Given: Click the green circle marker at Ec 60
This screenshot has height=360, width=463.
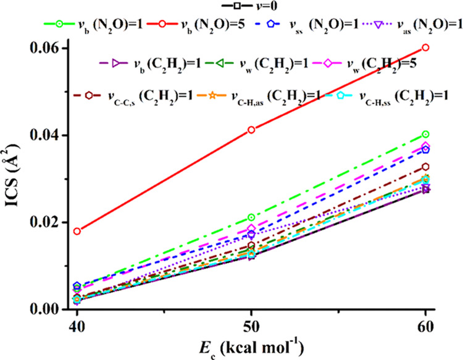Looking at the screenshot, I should point(426,135).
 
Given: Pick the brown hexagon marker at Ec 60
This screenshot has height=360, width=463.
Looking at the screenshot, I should point(426,167).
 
